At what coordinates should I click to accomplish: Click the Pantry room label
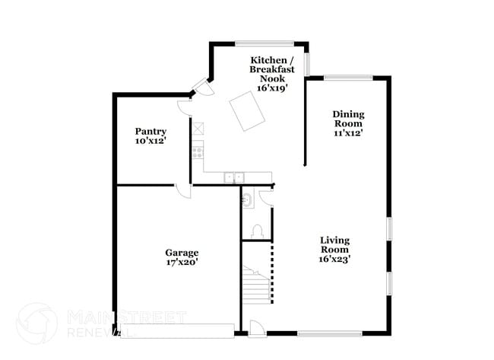(150, 131)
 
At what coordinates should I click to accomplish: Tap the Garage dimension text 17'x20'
(182, 262)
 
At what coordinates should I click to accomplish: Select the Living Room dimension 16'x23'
(334, 259)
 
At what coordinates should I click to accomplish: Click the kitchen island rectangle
(247, 111)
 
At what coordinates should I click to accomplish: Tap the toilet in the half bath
(257, 231)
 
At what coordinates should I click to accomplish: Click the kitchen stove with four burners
(198, 153)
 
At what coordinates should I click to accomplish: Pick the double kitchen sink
(234, 177)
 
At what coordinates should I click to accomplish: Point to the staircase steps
(257, 285)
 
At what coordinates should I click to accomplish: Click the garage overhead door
(177, 330)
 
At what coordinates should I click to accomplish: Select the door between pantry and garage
(182, 191)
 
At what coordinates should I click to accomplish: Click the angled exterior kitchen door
(203, 86)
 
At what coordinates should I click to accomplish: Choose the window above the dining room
(348, 78)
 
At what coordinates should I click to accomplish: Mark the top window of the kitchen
(264, 43)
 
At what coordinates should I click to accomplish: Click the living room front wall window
(330, 333)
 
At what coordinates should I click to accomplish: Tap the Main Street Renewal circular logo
(37, 323)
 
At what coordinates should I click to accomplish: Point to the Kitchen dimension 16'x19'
(272, 88)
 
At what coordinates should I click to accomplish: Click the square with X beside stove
(198, 129)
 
